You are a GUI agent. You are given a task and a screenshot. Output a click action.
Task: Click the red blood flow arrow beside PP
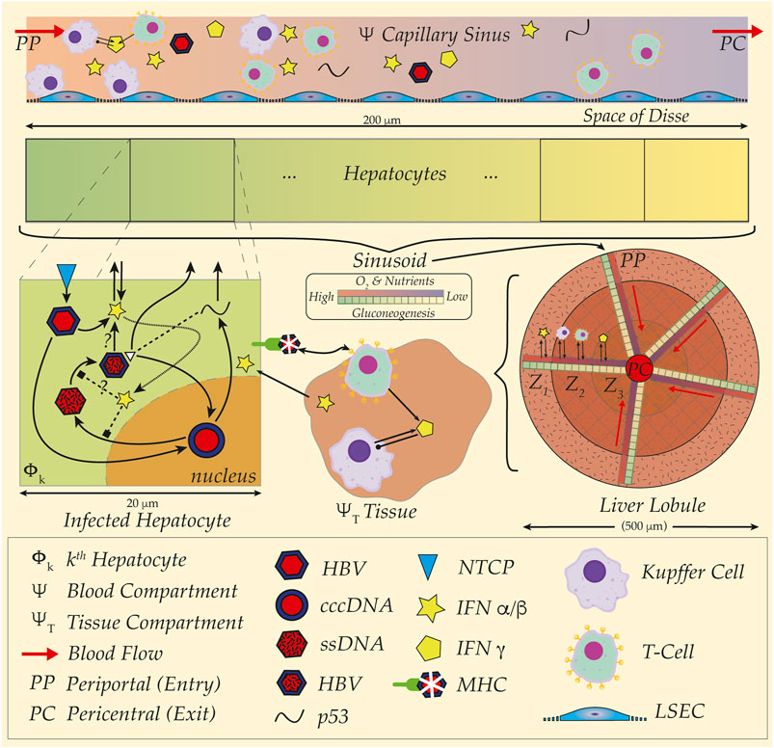point(42,31)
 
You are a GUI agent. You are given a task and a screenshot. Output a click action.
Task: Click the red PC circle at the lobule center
point(632,367)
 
